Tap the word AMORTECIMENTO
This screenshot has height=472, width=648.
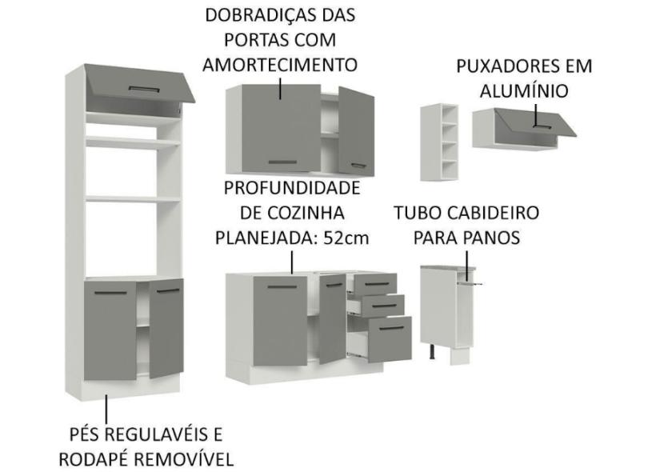click(x=279, y=65)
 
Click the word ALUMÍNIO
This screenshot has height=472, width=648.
click(x=524, y=91)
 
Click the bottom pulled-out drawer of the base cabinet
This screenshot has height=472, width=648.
click(x=385, y=332)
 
